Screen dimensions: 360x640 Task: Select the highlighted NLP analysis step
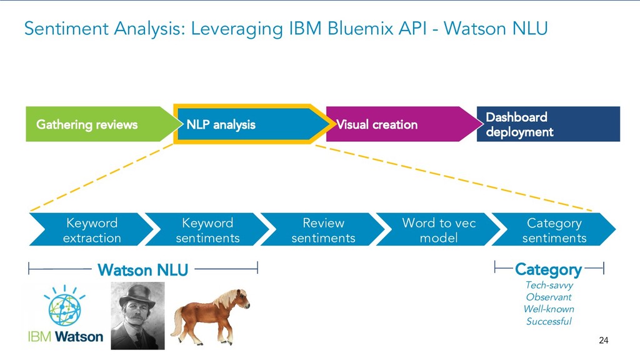pyautogui.click(x=247, y=124)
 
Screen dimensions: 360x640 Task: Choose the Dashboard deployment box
pyautogui.click(x=548, y=124)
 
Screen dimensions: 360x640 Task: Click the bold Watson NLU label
pyautogui.click(x=142, y=270)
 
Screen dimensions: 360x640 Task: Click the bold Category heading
pyautogui.click(x=548, y=269)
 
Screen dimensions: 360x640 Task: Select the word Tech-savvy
pyautogui.click(x=549, y=285)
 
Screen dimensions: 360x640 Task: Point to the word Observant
pyautogui.click(x=549, y=297)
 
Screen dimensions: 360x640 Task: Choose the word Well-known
pyautogui.click(x=549, y=309)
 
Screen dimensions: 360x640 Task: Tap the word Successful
pyautogui.click(x=549, y=321)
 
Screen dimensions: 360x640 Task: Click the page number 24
pyautogui.click(x=603, y=341)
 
